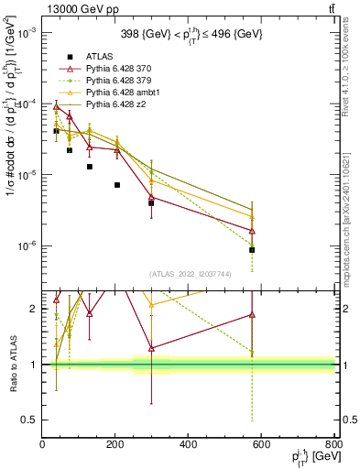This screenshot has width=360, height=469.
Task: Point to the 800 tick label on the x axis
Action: [x=334, y=446]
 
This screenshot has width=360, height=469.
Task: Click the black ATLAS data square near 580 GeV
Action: [x=252, y=249]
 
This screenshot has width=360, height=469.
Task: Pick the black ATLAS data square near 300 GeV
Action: [x=151, y=202]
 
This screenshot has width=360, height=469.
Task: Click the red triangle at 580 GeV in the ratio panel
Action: [x=252, y=315]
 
